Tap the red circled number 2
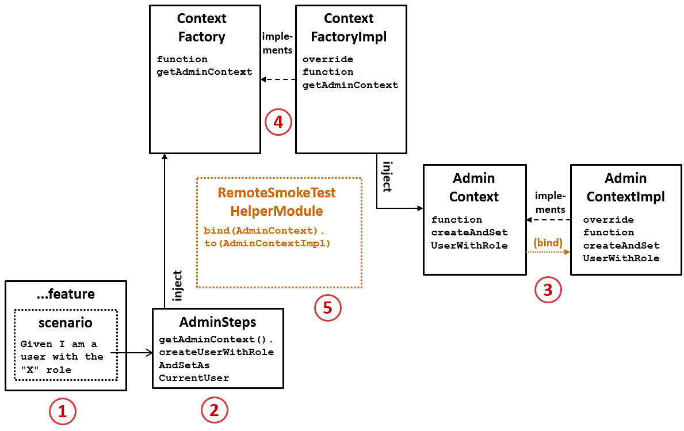214,410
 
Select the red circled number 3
548,290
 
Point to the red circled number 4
278,122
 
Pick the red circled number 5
327,308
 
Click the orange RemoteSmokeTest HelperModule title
276,202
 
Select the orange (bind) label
548,243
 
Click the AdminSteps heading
217,322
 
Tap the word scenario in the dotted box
65,322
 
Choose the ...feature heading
65,294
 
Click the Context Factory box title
201,28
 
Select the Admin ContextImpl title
625,188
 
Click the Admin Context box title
473,188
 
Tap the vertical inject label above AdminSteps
178,285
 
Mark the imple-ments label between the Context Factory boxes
277,43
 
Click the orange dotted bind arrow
548,252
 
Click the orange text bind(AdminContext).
264,231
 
